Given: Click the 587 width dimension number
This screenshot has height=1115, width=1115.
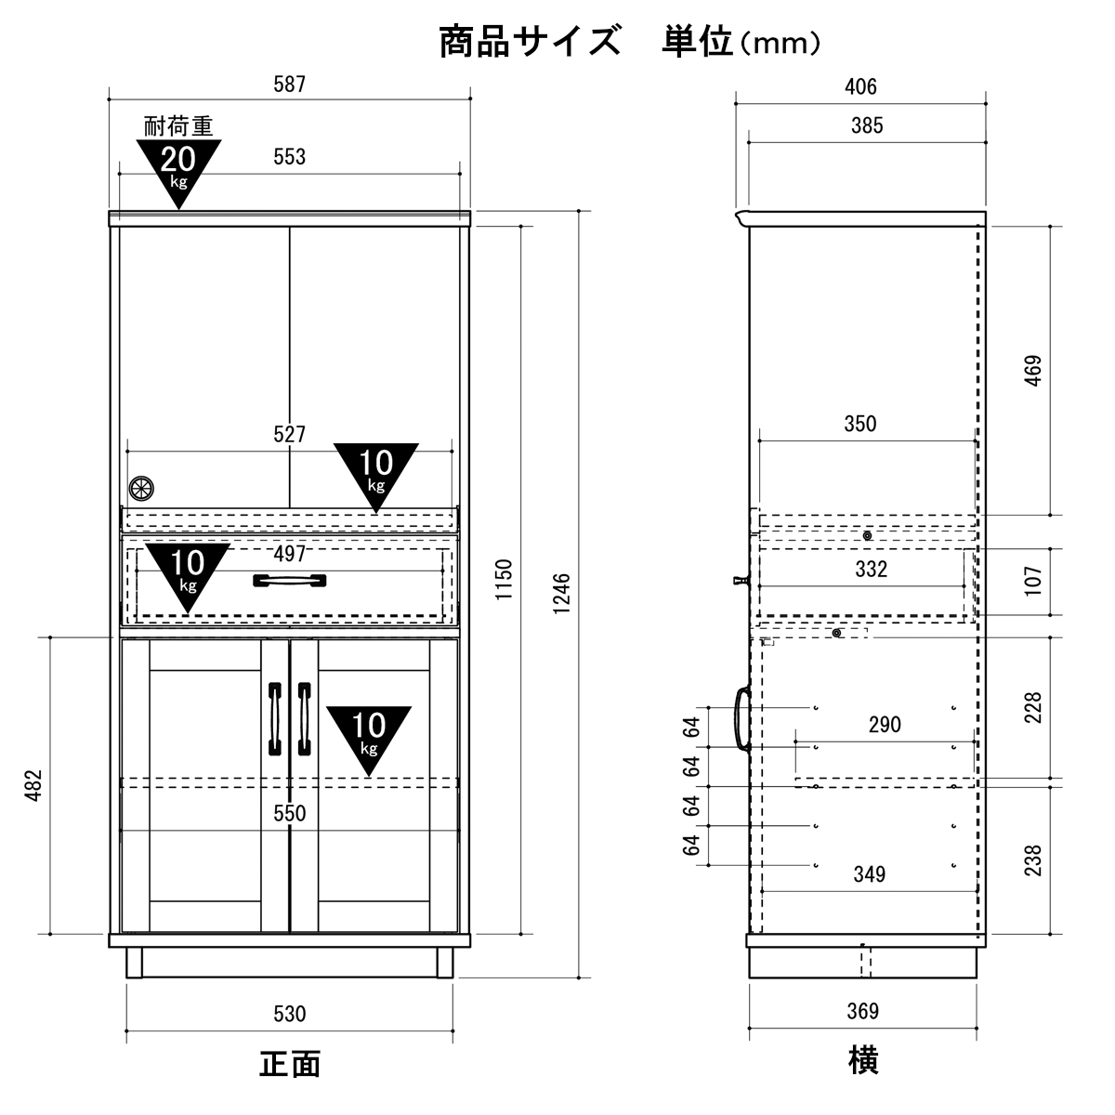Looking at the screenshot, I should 289,85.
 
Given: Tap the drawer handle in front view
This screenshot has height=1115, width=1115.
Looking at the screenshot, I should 290,581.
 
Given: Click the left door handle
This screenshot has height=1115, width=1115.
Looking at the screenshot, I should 274,719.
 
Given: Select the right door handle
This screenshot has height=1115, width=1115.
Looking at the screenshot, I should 304,719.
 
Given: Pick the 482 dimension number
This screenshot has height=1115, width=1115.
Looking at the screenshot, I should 34,785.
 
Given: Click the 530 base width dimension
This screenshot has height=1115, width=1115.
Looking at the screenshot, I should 290,1014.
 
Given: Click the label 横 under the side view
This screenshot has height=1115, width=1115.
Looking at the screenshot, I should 863,1060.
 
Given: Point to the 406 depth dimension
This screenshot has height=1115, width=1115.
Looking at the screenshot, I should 860,87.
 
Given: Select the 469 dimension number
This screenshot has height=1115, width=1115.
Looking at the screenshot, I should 1033,370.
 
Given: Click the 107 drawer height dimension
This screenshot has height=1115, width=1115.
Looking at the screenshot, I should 1033,581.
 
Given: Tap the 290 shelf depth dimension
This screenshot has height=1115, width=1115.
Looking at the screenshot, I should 884,725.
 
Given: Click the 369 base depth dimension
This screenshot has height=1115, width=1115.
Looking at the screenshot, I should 862,1011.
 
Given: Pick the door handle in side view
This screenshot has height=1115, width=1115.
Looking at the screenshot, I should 741,718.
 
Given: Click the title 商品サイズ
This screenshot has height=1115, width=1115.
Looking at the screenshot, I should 529,43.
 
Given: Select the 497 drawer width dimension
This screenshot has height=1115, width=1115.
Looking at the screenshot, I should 290,555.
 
